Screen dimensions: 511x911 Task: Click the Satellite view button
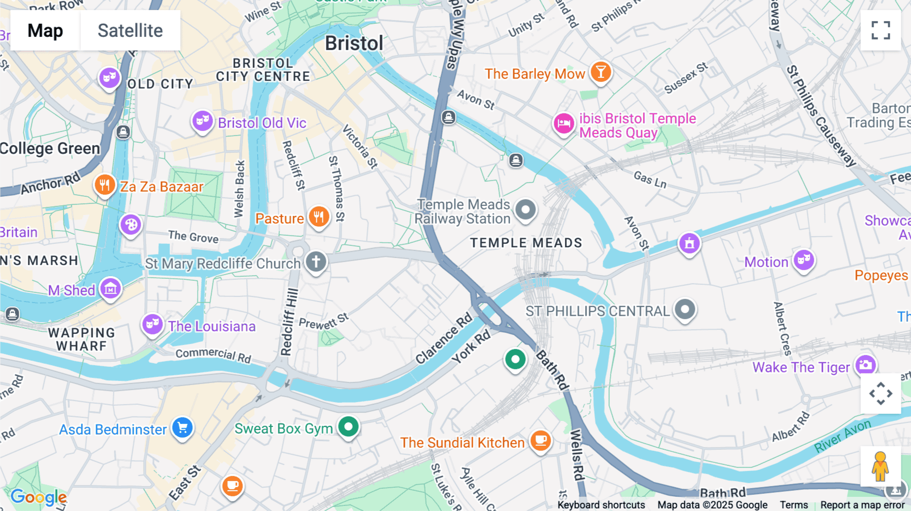click(x=130, y=30)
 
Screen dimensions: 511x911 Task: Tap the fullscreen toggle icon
click(x=881, y=30)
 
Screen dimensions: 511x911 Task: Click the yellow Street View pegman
click(x=880, y=466)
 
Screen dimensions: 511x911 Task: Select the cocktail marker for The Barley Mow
click(x=600, y=72)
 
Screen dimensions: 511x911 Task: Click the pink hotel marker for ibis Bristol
click(x=563, y=123)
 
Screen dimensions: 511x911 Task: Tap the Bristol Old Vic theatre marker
click(x=202, y=121)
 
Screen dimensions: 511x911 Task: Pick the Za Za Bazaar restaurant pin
click(x=104, y=185)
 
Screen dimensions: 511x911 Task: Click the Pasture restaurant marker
click(x=319, y=217)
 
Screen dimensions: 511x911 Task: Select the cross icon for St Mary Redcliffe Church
click(x=316, y=262)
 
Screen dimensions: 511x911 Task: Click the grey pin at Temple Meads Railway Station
click(x=525, y=209)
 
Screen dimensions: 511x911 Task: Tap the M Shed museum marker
click(x=110, y=288)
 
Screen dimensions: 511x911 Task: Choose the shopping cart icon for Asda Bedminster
click(x=182, y=428)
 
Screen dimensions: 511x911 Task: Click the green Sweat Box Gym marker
click(x=348, y=427)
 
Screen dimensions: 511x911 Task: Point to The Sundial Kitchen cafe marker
click(x=541, y=441)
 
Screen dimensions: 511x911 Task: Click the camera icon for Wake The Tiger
click(x=865, y=364)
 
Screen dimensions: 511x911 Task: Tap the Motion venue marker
click(x=803, y=261)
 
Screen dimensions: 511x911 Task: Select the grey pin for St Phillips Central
click(x=685, y=309)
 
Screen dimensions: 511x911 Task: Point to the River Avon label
click(x=842, y=436)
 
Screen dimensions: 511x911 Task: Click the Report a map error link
click(x=862, y=505)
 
